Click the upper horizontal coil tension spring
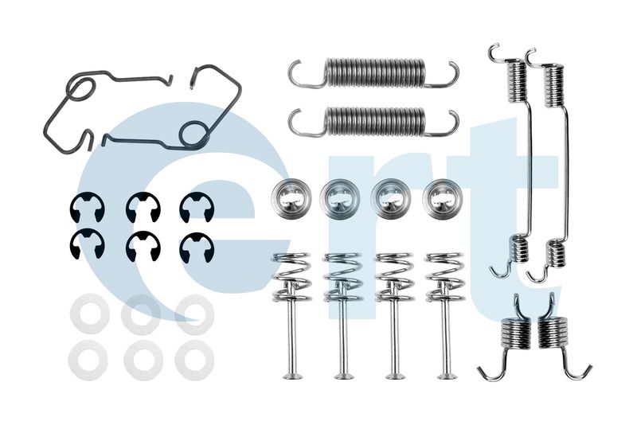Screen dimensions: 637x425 [374, 73]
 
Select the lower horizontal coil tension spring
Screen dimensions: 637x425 [374, 122]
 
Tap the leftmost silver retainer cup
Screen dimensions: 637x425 [291, 197]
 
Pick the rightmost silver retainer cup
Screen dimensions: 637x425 [443, 199]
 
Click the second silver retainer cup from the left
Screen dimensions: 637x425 [340, 198]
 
